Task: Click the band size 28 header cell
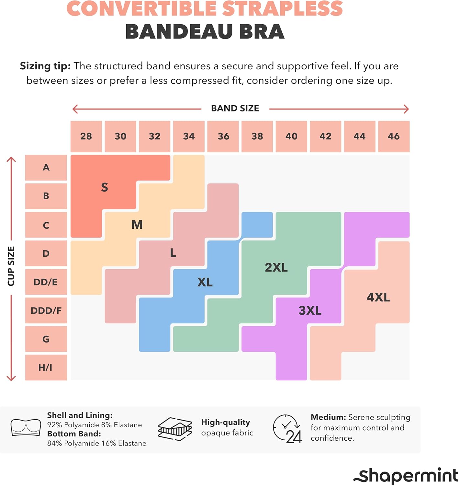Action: coord(86,136)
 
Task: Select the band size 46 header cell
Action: coord(394,136)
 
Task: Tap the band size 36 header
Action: coord(223,136)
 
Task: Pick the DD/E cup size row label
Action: coord(46,282)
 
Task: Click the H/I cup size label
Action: coord(46,367)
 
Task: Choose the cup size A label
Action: coord(46,168)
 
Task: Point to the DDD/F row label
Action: coord(46,310)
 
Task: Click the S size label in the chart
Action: coord(104,187)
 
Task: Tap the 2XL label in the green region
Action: coord(276,268)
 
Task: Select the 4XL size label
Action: coord(378,297)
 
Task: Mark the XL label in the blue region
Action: coord(205,282)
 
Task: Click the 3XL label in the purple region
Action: coord(310,310)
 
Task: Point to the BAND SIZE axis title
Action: coord(235,109)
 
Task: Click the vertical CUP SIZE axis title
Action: coord(11,266)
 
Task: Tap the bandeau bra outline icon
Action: coord(26,428)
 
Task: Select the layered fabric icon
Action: coord(175,429)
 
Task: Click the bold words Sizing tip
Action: coord(45,66)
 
